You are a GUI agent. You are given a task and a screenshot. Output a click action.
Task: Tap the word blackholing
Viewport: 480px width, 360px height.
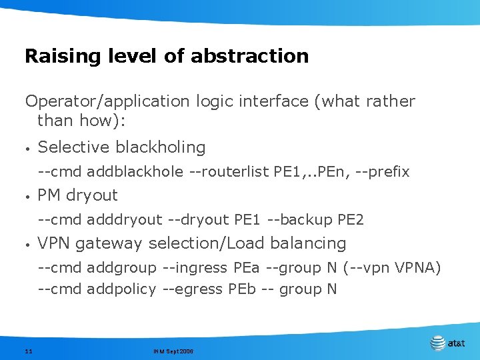[160, 147]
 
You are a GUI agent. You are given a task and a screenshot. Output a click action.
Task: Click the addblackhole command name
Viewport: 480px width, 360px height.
[135, 171]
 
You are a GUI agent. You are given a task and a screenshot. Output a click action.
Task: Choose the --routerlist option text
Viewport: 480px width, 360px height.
[229, 171]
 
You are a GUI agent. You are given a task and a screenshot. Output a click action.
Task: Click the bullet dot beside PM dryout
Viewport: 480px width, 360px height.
[27, 196]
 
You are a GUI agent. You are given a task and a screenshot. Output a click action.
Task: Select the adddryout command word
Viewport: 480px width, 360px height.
[125, 219]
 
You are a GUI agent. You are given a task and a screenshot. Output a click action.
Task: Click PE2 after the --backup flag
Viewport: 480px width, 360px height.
[351, 219]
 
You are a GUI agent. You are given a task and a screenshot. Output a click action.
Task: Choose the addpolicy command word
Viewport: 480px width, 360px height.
[121, 289]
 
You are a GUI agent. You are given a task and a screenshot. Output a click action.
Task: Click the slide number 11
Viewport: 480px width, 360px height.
[29, 351]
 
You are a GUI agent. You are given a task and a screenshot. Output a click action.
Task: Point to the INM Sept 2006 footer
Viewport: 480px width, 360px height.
[173, 351]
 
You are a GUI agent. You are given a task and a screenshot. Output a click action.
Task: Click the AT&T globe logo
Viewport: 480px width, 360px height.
[437, 343]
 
